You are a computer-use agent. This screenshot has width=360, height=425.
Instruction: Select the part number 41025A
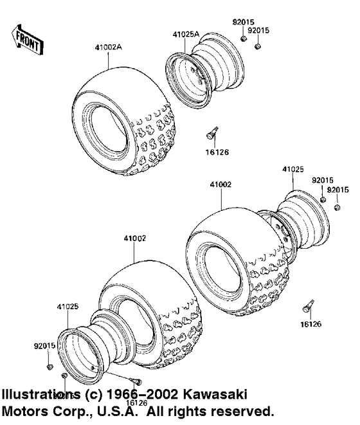pyautogui.click(x=186, y=33)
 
